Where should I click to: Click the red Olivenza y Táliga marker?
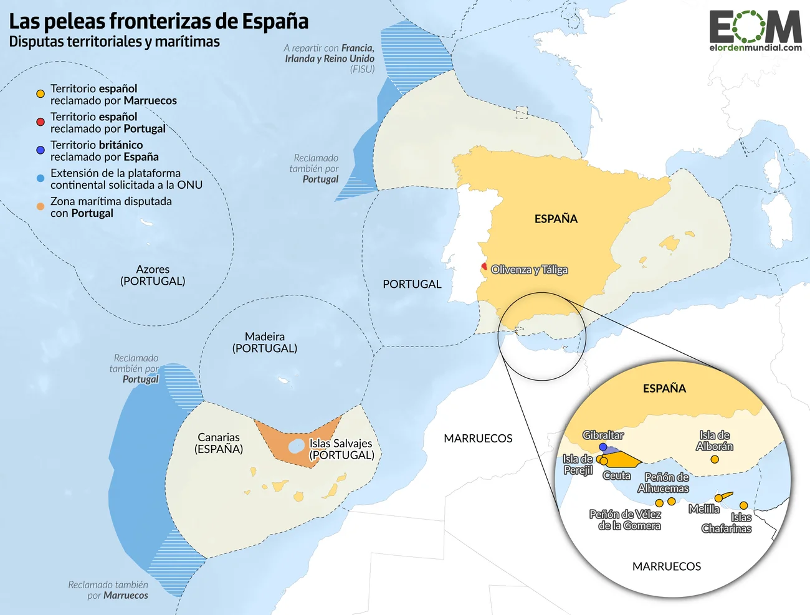(484, 267)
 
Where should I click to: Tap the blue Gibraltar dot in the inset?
(603, 447)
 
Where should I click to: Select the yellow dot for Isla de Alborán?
(715, 459)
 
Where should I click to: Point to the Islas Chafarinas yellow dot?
(743, 505)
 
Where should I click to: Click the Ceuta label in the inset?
(616, 475)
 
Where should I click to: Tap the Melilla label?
(703, 509)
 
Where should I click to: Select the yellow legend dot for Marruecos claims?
(40, 94)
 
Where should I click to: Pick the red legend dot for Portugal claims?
(40, 122)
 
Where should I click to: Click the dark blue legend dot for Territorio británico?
(40, 150)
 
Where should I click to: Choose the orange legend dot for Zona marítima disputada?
(40, 206)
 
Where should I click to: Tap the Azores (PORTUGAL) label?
(153, 275)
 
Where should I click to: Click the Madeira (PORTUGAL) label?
(265, 342)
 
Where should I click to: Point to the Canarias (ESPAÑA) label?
(219, 443)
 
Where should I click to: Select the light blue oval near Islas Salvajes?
(297, 446)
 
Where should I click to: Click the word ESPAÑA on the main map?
(556, 219)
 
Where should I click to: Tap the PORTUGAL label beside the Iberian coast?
(412, 284)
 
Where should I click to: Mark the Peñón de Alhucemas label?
(664, 483)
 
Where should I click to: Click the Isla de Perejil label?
(578, 464)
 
